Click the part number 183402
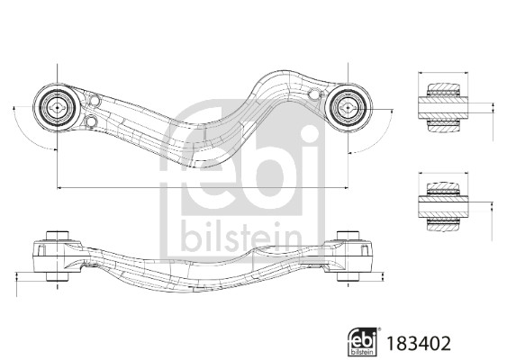[419, 344]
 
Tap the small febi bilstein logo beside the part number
[363, 342]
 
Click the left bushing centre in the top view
[57, 107]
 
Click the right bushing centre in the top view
[348, 107]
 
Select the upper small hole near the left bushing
[95, 101]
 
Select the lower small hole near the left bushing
[92, 121]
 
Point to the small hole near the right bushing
[313, 94]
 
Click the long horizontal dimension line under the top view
[203, 187]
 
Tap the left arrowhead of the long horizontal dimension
[59, 187]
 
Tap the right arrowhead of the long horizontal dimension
[346, 187]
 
